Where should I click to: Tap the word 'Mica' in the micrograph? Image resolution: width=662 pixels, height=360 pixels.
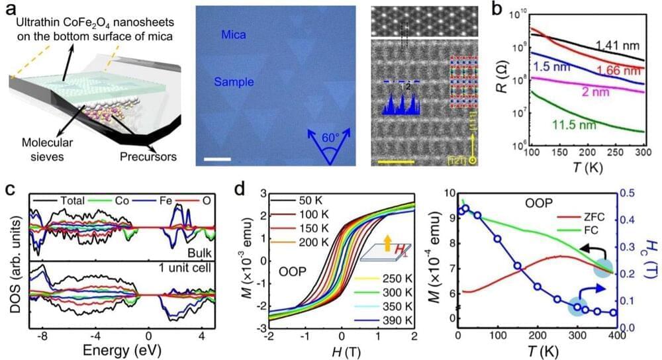pyautogui.click(x=236, y=34)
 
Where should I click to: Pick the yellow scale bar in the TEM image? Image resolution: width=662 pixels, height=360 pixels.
pyautogui.click(x=396, y=160)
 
